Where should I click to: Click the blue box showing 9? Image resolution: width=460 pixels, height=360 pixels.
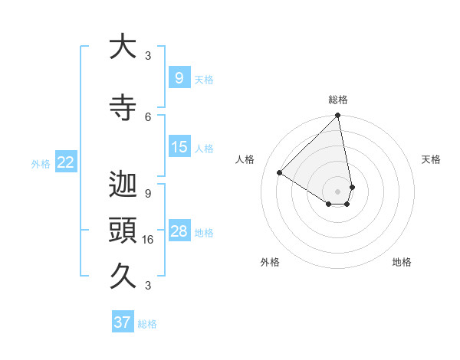[179, 77]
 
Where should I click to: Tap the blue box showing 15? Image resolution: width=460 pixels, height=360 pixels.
[179, 147]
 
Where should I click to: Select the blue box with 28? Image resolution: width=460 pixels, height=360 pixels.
[179, 231]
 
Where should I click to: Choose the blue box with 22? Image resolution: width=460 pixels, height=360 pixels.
[66, 162]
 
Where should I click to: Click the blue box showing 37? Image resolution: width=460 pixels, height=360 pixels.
[123, 322]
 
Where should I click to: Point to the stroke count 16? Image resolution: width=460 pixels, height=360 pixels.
[147, 239]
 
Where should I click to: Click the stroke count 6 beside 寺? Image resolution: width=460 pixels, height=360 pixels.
[148, 116]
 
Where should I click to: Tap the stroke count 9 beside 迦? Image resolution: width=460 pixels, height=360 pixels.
[148, 193]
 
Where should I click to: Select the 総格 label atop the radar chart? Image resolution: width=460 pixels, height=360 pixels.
[338, 100]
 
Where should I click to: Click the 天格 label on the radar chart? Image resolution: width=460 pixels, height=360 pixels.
[432, 159]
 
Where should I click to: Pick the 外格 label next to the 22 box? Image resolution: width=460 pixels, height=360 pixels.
[41, 163]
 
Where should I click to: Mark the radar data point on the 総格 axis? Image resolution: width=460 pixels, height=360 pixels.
[338, 116]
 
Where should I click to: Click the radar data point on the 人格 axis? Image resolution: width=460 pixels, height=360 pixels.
[280, 172]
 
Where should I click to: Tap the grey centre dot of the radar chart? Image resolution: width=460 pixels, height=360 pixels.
[338, 191]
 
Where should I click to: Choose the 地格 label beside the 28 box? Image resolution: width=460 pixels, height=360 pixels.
[205, 233]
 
